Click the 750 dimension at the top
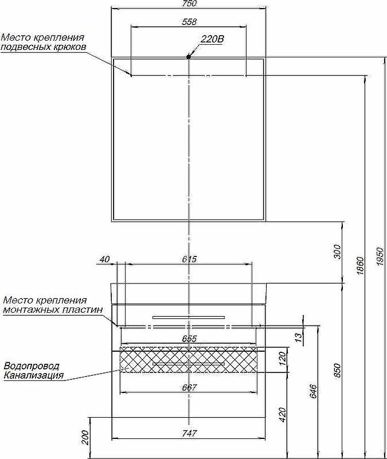(189, 4)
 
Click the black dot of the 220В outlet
(189, 56)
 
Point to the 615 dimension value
(189, 259)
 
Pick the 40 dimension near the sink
(104, 259)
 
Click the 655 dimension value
(189, 339)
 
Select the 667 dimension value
(189, 388)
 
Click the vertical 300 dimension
(337, 251)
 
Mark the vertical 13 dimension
(298, 337)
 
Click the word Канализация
(33, 376)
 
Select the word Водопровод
(32, 366)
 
